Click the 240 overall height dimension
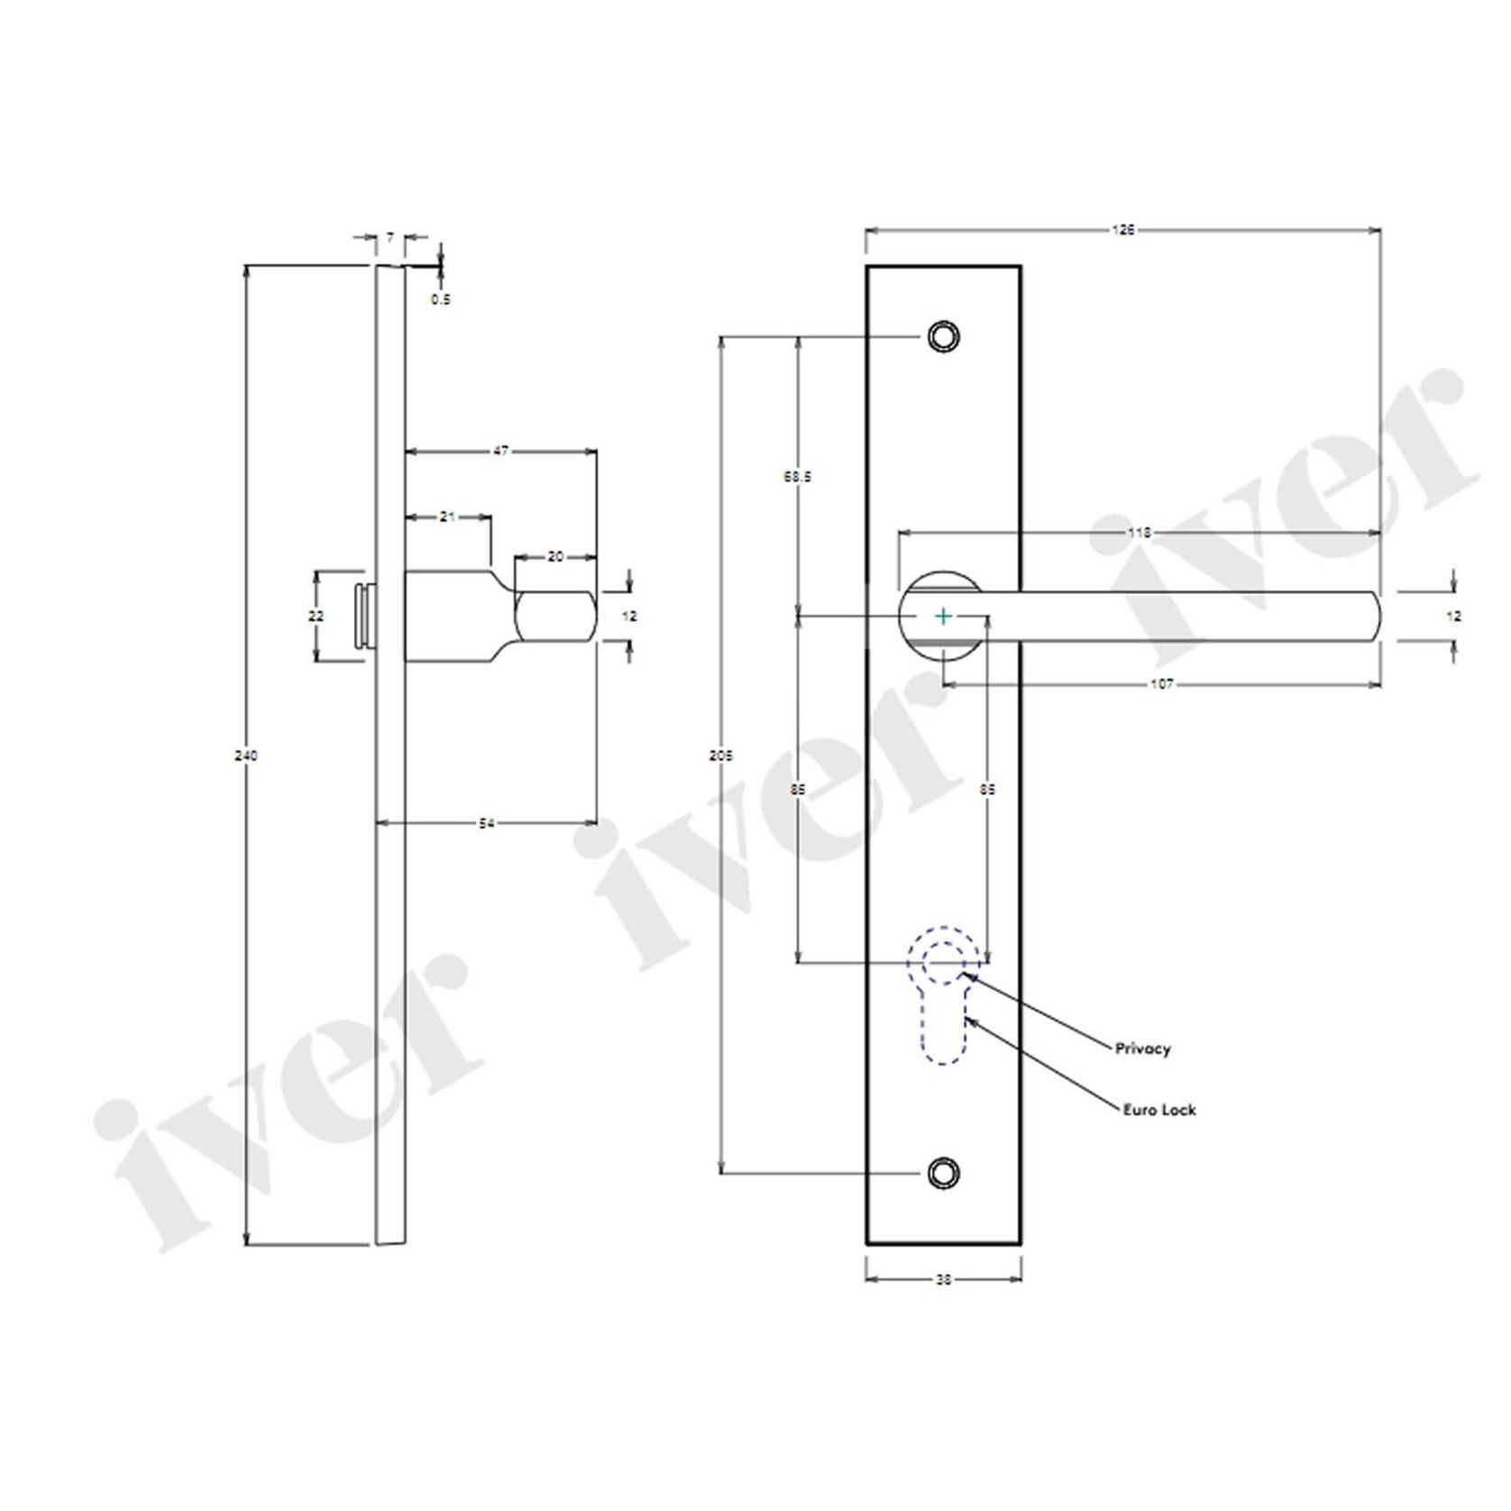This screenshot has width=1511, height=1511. point(245,755)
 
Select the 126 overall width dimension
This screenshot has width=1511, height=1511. point(1122,230)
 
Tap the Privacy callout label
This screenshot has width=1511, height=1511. point(1142,1049)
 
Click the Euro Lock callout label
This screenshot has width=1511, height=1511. point(1158,1110)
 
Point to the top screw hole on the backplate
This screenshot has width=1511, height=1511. point(943,336)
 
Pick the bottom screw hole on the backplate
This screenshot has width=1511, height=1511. point(943,1172)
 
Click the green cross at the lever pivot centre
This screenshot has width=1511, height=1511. point(943,617)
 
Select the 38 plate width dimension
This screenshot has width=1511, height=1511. point(943,1278)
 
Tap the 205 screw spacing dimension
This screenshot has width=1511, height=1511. point(720,755)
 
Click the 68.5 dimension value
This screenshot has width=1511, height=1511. point(797,477)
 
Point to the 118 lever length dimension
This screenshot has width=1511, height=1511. point(1140,533)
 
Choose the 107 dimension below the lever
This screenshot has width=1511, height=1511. point(1162,685)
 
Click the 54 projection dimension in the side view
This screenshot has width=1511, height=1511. point(486,822)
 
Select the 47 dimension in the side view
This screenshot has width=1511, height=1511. point(501,451)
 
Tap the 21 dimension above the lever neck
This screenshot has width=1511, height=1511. point(448,517)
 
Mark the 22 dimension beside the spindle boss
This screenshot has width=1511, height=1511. point(316,617)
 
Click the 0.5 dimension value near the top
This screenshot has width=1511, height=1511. point(440,299)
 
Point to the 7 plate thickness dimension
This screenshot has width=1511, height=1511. point(389,237)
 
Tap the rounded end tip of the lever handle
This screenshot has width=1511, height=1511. point(1374,617)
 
